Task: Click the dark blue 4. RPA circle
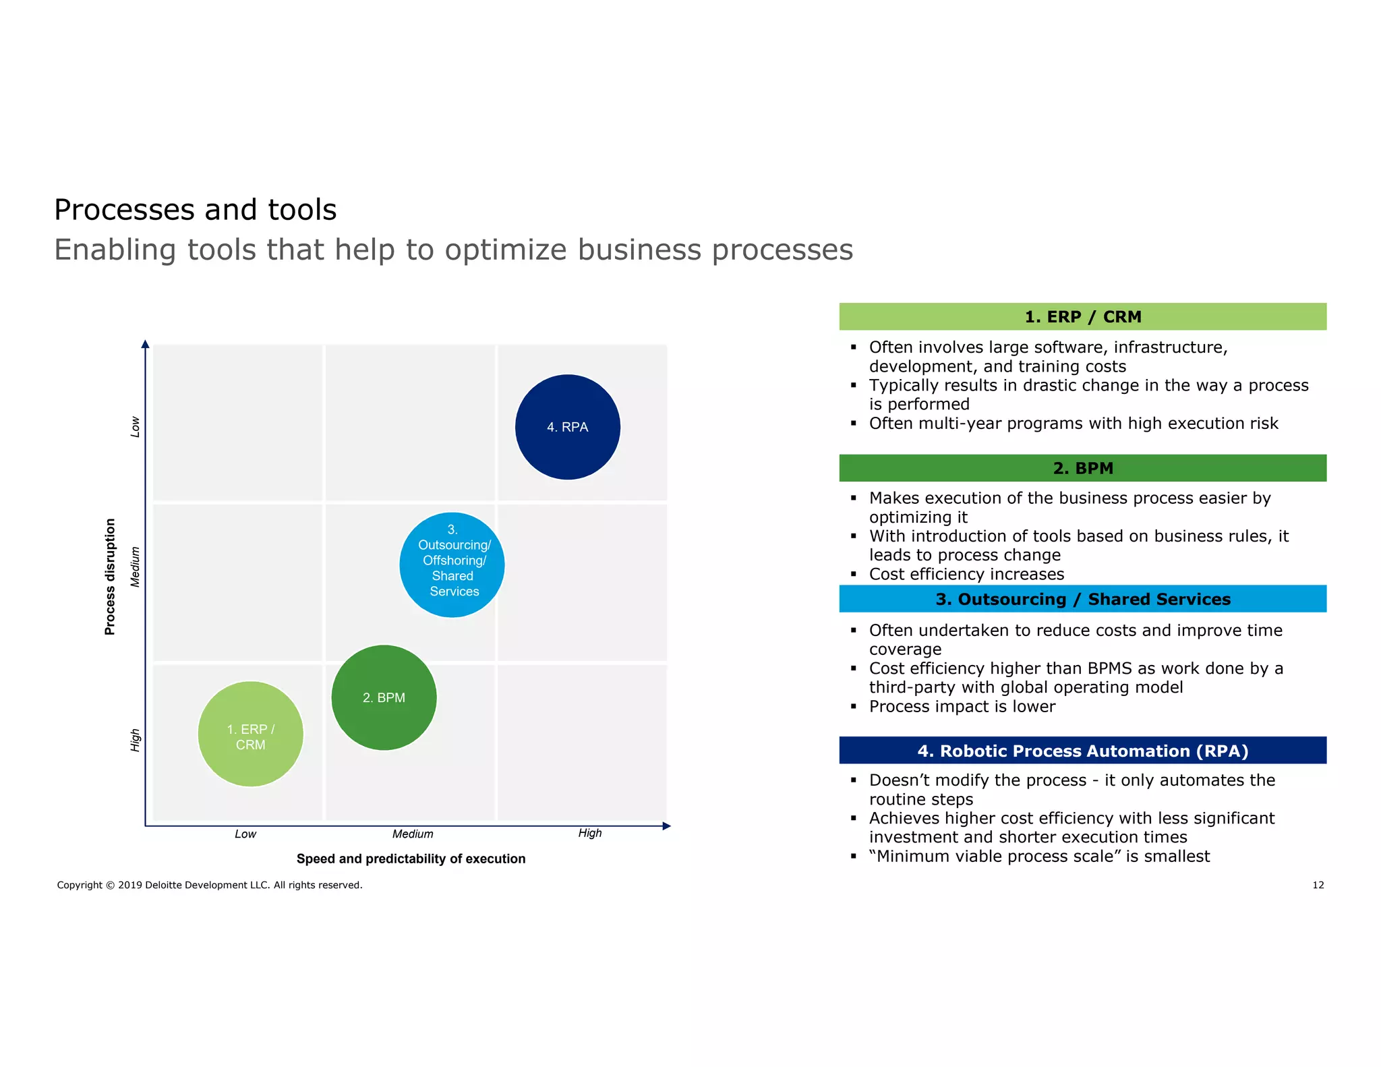(x=567, y=427)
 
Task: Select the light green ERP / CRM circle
(x=250, y=734)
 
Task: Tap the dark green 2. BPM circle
(x=384, y=697)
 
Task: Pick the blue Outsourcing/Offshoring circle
(x=452, y=565)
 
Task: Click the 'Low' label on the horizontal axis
(x=245, y=834)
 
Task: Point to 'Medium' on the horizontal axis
(x=413, y=834)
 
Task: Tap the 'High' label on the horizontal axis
(x=590, y=834)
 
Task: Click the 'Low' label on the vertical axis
(x=136, y=427)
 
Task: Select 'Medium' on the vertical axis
(x=136, y=567)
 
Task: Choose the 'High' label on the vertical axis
(x=136, y=740)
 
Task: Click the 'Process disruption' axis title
(x=111, y=577)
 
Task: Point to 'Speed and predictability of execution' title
(x=411, y=859)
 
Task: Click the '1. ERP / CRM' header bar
(x=1082, y=317)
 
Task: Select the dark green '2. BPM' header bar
(x=1082, y=468)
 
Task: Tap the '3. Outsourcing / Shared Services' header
(x=1082, y=599)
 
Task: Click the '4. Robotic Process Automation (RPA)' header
(x=1082, y=751)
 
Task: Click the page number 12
(x=1318, y=885)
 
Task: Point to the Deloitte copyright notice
(x=210, y=885)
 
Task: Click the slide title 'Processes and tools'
(x=196, y=210)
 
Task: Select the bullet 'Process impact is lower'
(x=962, y=706)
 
